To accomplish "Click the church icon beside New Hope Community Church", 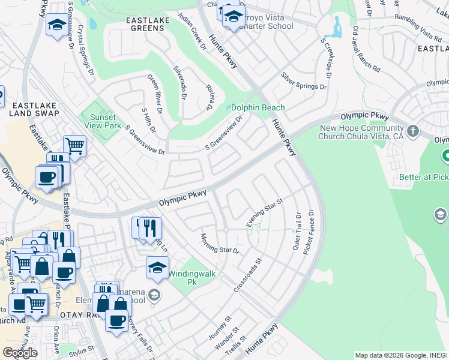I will (412, 131).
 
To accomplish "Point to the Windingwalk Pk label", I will (191, 277).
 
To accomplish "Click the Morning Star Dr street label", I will (220, 243).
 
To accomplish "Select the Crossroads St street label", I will (249, 275).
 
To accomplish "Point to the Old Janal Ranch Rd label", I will (367, 49).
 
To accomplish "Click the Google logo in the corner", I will (20, 353).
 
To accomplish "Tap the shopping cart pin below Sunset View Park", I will (74, 145).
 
